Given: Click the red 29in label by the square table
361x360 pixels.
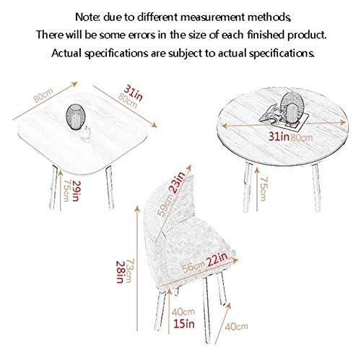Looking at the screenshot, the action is point(76,191).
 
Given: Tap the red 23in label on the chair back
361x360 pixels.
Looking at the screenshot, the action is point(178,182).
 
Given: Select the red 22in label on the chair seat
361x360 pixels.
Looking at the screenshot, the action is point(217,259).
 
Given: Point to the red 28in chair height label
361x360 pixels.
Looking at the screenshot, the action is point(120,272).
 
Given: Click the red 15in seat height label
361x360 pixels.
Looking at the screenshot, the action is point(184,324).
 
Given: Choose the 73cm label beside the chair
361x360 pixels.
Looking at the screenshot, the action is point(129,270).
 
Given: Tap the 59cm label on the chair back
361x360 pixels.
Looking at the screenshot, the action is point(165,205).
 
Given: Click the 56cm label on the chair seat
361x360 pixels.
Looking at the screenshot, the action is point(193,267).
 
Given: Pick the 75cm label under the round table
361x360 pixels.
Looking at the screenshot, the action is point(264,189).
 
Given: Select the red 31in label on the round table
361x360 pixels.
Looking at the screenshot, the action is point(279,137).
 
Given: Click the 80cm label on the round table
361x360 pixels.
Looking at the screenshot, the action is point(302,137).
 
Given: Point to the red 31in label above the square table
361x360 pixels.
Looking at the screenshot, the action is point(134,93).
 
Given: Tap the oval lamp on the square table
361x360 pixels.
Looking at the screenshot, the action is point(75,117).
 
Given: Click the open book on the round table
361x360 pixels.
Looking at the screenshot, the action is point(270,114).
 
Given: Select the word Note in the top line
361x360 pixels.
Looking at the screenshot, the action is point(87,17).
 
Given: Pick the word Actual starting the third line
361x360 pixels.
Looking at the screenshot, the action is point(66,53).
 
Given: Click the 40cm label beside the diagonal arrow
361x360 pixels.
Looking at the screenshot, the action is point(236,327).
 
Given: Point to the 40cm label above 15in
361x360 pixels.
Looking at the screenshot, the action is point(183,312).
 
